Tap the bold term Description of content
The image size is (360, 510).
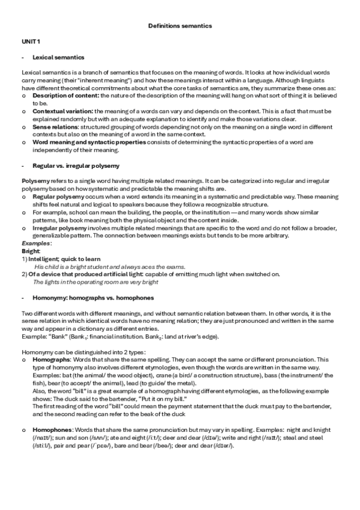coord(66,96)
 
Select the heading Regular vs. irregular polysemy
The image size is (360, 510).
coord(75,165)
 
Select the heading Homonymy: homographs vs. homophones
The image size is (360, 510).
coord(93,298)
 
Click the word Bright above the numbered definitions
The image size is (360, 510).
coord(30,251)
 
